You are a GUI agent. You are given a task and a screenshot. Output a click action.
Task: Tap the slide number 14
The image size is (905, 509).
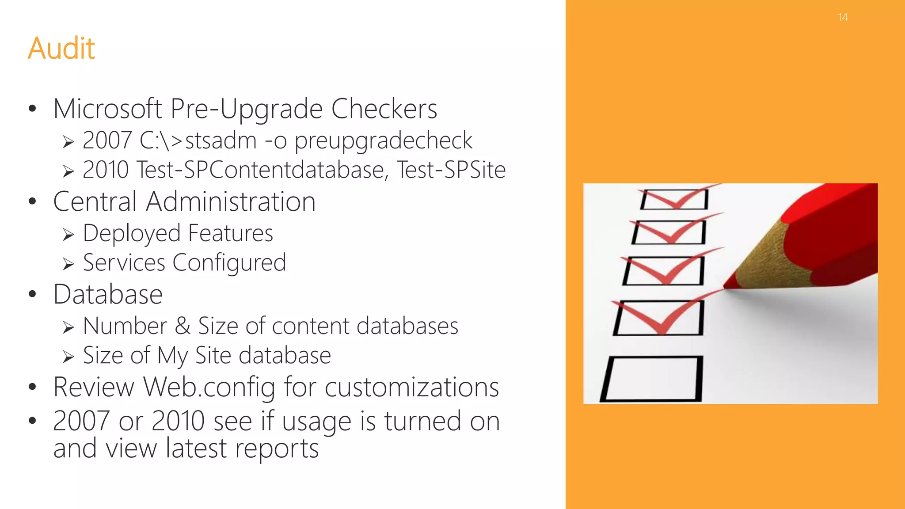(x=843, y=18)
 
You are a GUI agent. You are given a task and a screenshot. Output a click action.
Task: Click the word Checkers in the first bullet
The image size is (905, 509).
(x=384, y=109)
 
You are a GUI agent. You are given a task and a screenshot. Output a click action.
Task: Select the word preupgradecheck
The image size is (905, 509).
(x=383, y=141)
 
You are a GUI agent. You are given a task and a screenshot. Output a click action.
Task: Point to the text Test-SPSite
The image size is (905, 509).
(x=451, y=170)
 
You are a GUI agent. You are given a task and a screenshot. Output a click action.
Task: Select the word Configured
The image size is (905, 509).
(x=229, y=263)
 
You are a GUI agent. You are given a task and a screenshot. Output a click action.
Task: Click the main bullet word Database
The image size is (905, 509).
(x=108, y=294)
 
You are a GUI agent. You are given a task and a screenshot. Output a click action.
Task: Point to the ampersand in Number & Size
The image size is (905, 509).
(x=183, y=326)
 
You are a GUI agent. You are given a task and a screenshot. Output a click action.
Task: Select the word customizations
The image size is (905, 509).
(x=411, y=387)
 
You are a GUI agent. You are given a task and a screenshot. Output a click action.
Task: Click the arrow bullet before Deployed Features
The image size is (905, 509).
(x=68, y=235)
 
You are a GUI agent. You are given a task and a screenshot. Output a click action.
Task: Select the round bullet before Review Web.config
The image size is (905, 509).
(x=32, y=387)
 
